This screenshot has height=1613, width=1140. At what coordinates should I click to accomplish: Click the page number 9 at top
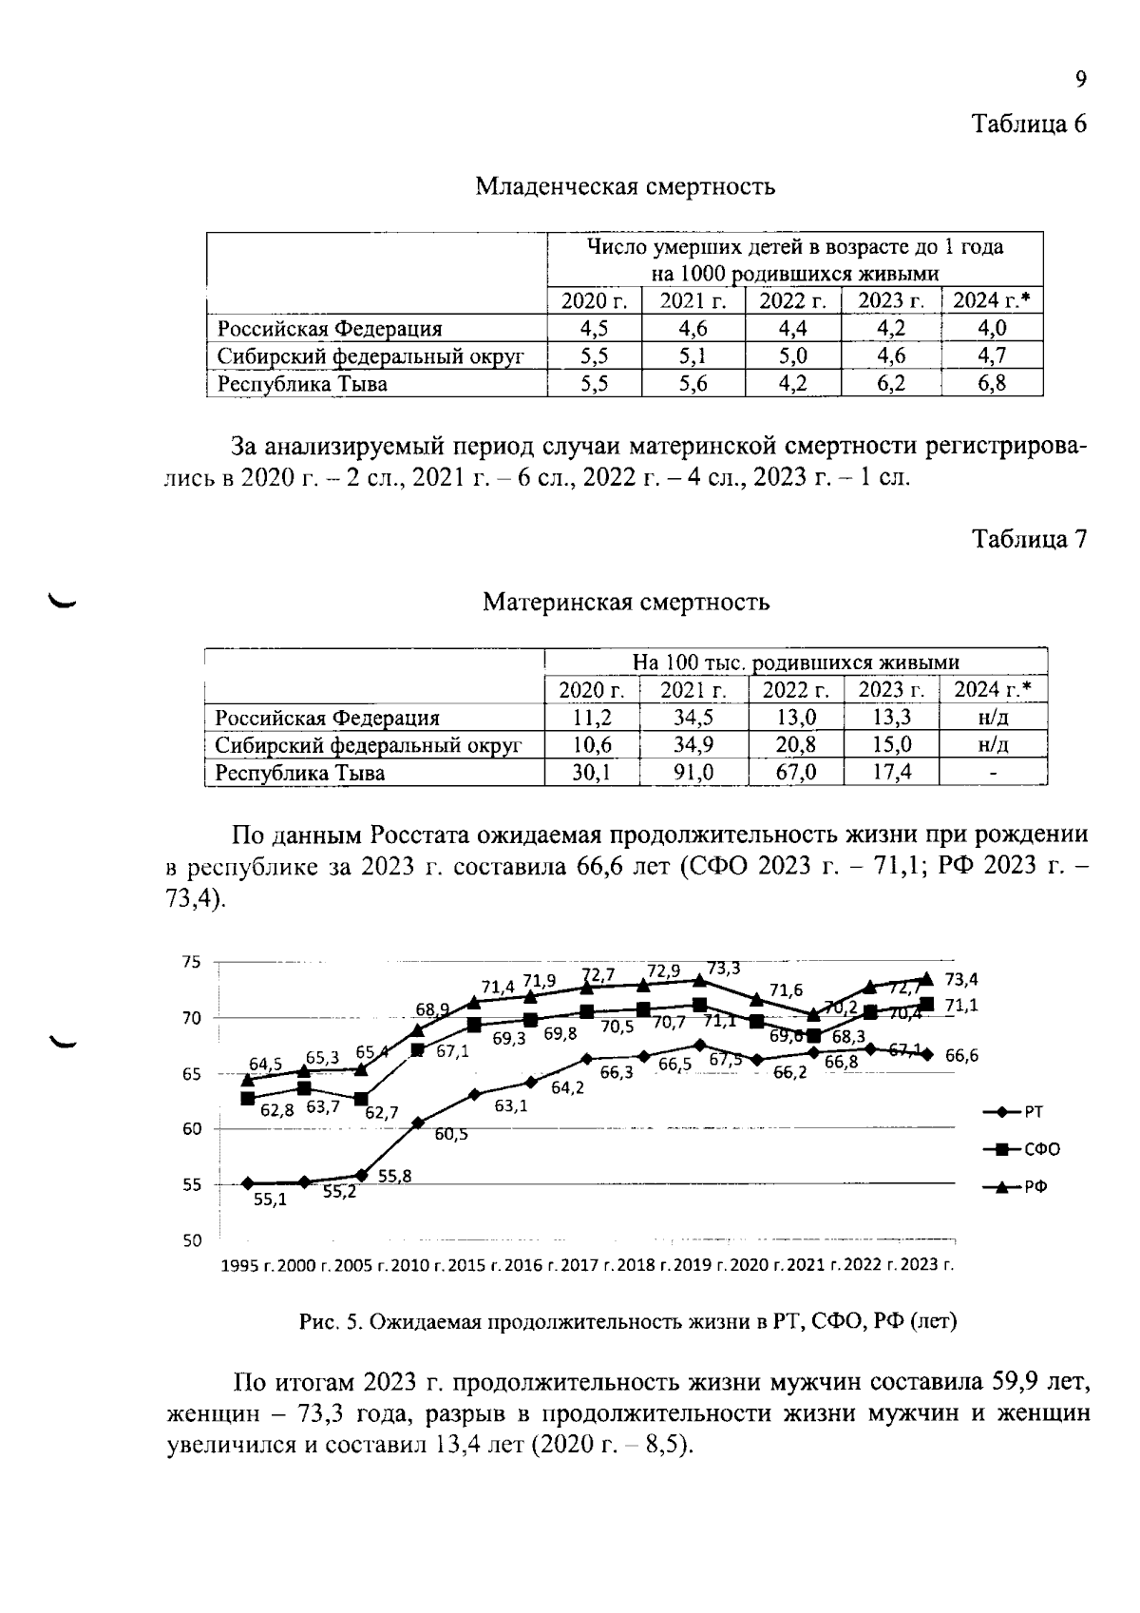click(1080, 80)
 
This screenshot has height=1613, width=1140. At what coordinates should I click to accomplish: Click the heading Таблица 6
click(1028, 124)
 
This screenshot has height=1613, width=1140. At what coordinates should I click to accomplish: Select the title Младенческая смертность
click(624, 186)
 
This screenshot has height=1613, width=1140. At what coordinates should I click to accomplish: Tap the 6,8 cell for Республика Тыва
click(992, 383)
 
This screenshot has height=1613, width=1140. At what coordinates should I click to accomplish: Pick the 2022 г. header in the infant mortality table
click(793, 301)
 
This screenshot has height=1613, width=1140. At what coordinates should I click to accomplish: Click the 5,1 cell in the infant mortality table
click(693, 355)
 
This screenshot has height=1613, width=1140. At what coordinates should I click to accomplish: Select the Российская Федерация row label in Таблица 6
click(330, 329)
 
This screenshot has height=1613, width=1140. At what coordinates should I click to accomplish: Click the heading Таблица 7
click(1028, 539)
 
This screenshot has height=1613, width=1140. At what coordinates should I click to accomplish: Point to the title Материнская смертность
click(625, 602)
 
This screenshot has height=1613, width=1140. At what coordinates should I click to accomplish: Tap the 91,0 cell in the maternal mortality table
click(693, 773)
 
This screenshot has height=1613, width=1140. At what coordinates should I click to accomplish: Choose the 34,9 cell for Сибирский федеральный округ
click(693, 744)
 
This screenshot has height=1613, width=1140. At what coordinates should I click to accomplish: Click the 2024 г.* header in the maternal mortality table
click(992, 689)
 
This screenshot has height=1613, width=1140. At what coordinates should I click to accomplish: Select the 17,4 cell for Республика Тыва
click(891, 773)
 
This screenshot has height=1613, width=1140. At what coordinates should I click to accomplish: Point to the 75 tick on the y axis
click(192, 962)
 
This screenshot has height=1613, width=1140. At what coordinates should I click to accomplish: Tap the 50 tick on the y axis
click(192, 1240)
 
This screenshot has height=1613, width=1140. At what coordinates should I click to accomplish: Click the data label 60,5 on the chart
click(451, 1134)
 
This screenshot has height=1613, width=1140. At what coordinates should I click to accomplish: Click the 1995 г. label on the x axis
click(247, 1265)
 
